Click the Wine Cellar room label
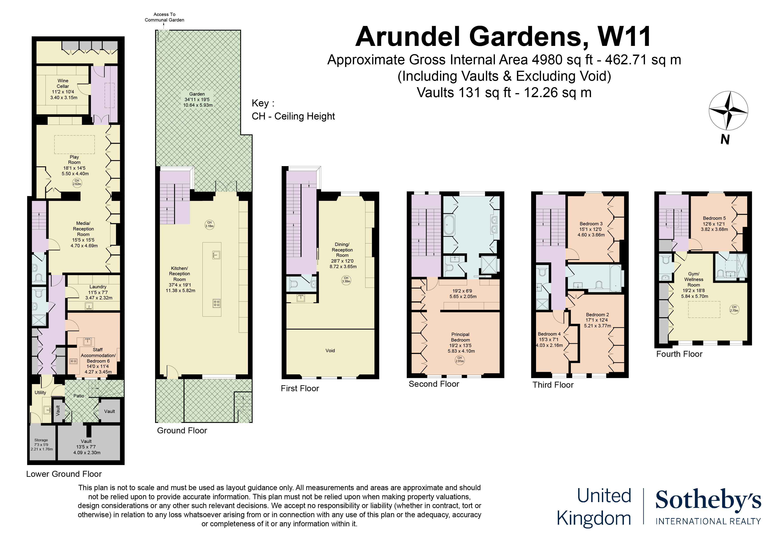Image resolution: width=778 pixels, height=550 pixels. (63, 89)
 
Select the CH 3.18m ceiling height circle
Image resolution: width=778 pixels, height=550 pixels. (209, 224)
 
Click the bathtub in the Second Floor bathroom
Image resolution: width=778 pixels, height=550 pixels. (449, 224)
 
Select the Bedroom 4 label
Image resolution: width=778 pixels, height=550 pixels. (549, 340)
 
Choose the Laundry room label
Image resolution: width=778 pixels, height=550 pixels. (98, 292)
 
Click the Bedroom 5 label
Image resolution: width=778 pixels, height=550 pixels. (714, 224)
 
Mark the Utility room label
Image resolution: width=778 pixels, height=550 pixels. (40, 392)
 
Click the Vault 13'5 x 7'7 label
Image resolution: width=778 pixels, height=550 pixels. (86, 447)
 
